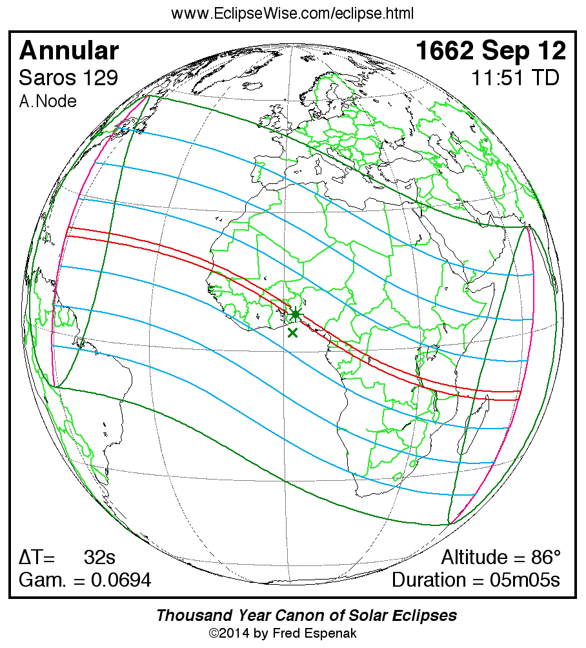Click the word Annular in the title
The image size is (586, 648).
69,50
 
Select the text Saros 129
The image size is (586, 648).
68,78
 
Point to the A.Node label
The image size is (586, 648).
48,101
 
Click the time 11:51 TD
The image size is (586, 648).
514,78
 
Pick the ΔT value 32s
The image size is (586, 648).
99,558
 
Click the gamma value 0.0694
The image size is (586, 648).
121,580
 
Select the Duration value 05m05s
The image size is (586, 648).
523,580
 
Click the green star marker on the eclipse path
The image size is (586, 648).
295,314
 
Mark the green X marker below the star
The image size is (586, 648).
292,332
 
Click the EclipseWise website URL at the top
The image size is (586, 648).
292,14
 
